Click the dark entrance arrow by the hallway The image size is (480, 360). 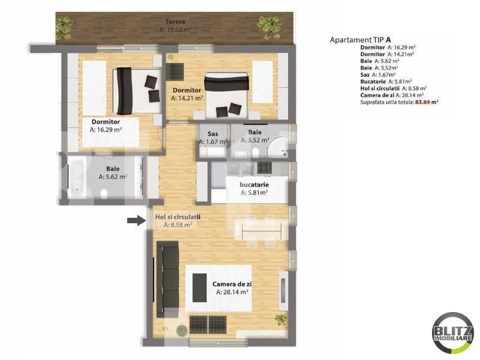136,221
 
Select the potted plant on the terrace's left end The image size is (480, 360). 64,25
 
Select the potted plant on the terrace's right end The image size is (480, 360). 269,25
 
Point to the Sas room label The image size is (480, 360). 212,134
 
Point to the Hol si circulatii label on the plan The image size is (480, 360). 177,217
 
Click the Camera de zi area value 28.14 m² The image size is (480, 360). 232,292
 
